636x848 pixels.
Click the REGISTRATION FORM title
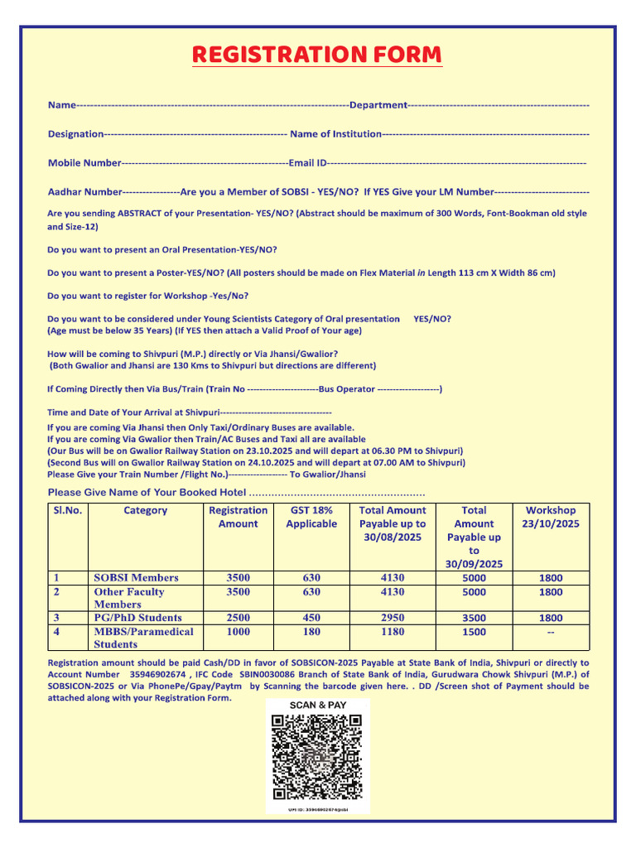(x=317, y=55)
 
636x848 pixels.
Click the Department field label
(x=378, y=105)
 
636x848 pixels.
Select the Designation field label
(x=76, y=134)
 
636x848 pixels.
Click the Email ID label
(x=307, y=163)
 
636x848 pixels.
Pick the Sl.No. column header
(x=67, y=511)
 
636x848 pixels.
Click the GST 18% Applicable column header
(x=311, y=518)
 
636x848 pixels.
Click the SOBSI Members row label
(x=136, y=578)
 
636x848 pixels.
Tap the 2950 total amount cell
(x=393, y=618)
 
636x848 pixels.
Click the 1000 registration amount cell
(x=238, y=632)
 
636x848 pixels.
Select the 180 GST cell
(x=311, y=632)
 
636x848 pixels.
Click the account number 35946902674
(x=162, y=675)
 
